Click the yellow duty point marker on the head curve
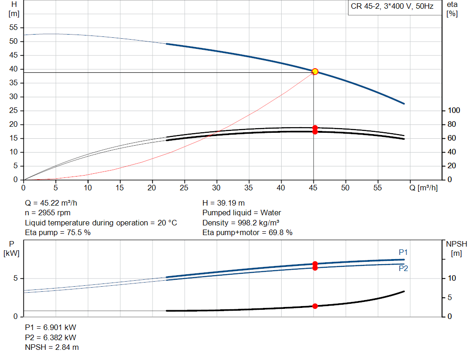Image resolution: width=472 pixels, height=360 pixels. point(315,71)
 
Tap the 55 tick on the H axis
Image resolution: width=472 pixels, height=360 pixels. point(13,28)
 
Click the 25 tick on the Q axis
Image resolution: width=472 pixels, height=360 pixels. point(184,188)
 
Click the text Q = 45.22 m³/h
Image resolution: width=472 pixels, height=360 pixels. point(54,203)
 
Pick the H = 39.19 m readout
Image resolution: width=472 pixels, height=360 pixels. point(224,203)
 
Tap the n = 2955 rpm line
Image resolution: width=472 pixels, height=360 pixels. point(48,213)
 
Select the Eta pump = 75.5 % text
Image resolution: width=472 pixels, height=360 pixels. point(58,233)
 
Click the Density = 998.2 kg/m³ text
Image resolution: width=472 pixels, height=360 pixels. point(242,223)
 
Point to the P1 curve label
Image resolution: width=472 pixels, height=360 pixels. point(403,252)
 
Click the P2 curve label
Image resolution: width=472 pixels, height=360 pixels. point(403,268)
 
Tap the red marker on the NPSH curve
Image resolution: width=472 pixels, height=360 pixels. point(315,306)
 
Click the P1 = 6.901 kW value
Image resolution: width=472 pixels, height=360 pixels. point(51,327)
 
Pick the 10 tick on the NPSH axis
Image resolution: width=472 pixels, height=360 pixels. point(452,278)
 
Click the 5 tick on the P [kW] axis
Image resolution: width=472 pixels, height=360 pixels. point(16,278)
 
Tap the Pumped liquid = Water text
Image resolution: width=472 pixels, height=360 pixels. point(242,213)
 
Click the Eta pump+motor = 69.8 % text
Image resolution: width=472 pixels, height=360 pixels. point(248,233)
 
